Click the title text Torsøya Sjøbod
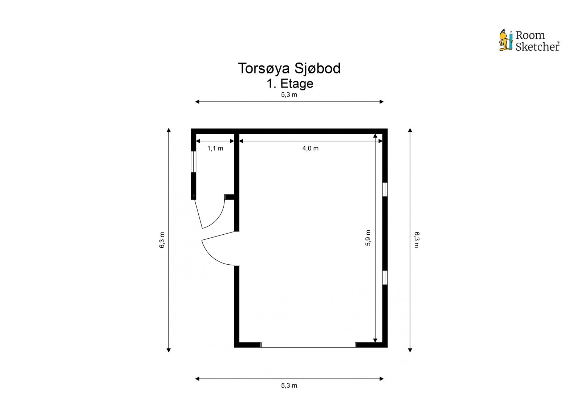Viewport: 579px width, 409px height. tap(289, 68)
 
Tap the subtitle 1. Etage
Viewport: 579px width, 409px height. tap(290, 84)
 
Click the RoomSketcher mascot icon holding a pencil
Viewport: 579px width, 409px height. tap(506, 40)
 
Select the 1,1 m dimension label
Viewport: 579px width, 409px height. tap(215, 148)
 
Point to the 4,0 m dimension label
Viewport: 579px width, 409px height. tap(310, 148)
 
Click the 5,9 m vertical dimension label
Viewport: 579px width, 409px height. tap(368, 238)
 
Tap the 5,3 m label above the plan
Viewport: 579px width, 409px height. tap(289, 94)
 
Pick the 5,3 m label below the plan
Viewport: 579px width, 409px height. tap(289, 385)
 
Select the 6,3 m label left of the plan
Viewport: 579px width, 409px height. tap(162, 240)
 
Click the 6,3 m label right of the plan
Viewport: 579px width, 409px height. tap(417, 240)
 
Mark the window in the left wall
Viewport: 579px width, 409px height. tap(193, 162)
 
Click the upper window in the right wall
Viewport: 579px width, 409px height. tap(385, 189)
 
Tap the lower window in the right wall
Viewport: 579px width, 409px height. tap(385, 277)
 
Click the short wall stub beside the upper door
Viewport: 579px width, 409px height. tap(229, 197)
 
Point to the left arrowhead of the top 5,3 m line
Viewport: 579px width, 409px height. tap(197, 102)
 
